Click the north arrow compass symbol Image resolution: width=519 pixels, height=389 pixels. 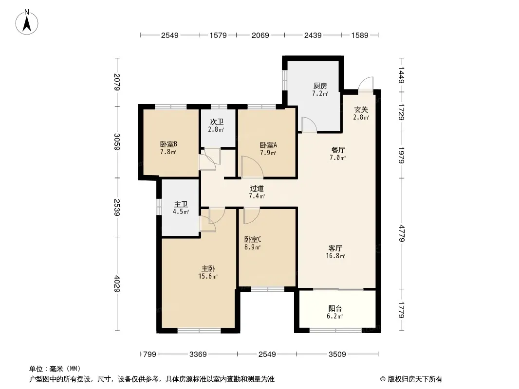point(27,22)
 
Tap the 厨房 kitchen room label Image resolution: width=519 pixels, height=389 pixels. point(320,86)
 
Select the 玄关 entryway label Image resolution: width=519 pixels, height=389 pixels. point(361,110)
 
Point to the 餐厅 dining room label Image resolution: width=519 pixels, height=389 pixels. point(337,150)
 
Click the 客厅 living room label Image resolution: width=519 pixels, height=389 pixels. point(335,248)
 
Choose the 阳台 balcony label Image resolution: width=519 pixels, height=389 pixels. point(335,309)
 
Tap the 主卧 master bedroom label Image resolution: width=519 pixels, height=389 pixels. point(208,269)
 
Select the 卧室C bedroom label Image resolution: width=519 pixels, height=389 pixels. point(253,239)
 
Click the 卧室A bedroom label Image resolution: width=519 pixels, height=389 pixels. point(268,145)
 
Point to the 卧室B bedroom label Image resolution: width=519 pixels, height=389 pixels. point(168,144)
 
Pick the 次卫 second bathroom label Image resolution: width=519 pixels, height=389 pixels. point(217,122)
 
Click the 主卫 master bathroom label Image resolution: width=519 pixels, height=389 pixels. point(181,205)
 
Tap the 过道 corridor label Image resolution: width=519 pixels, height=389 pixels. point(257,189)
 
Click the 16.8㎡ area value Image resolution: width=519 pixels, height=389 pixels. point(335,256)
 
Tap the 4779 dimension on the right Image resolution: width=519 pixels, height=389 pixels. point(402,233)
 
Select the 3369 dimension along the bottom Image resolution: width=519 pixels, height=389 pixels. point(198,354)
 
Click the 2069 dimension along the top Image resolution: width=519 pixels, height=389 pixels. point(260,35)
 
